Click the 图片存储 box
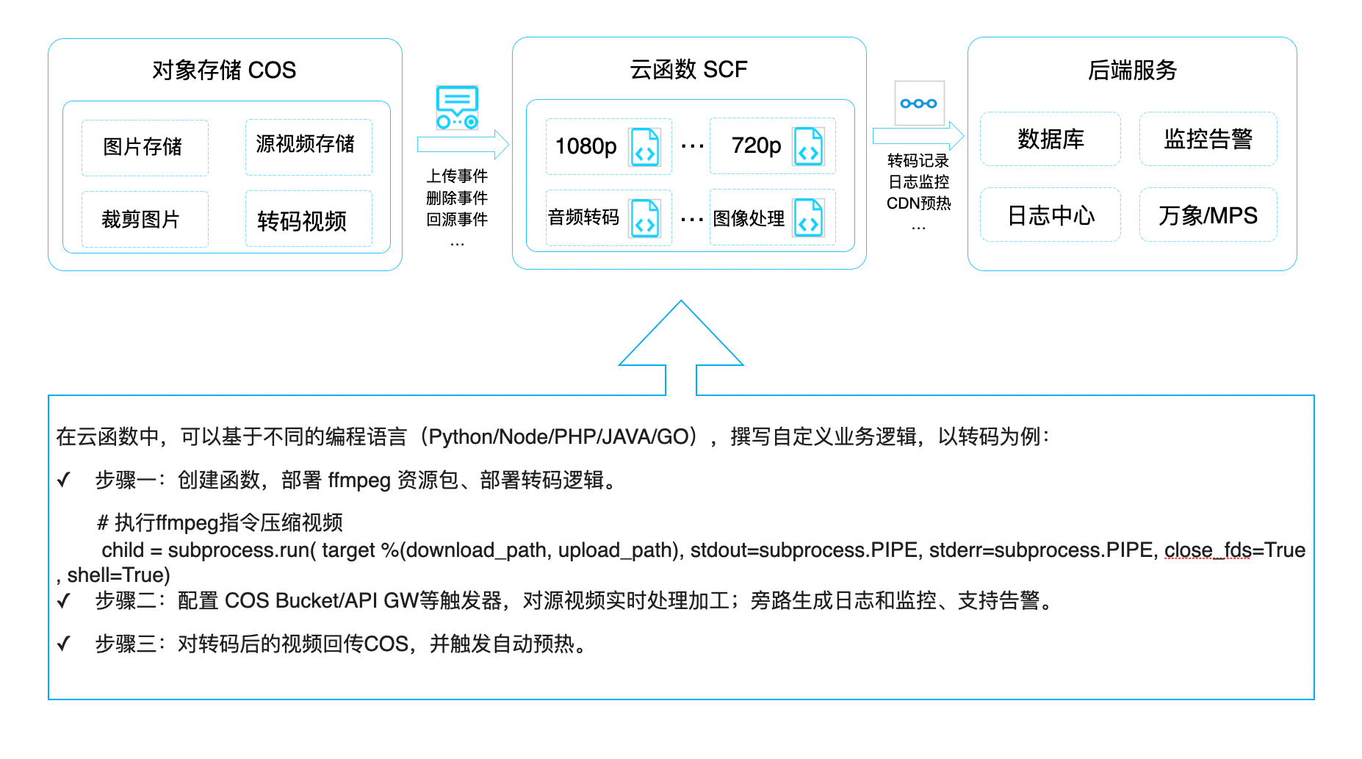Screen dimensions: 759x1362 (145, 147)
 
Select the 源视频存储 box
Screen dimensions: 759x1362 (308, 146)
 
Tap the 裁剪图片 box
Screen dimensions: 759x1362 (145, 219)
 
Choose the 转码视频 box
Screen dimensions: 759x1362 (308, 219)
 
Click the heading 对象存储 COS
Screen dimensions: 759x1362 (224, 70)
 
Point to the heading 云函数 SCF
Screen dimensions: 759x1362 (688, 70)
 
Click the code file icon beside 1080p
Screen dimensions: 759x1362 (645, 146)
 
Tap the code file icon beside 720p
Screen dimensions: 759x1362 (808, 146)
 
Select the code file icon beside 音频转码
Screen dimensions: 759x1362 (645, 218)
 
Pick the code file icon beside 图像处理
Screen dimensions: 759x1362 (808, 218)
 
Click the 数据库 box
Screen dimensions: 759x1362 (1050, 139)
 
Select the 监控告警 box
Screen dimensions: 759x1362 (1208, 139)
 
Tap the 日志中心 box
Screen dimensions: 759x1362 (1050, 215)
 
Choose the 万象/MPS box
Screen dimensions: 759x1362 (1208, 215)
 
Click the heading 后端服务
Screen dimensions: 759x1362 (1132, 70)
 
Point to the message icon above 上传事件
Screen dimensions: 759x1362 (457, 107)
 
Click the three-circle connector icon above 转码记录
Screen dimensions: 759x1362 (919, 104)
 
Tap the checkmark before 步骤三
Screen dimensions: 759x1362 (64, 644)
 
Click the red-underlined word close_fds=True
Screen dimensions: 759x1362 (1234, 550)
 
